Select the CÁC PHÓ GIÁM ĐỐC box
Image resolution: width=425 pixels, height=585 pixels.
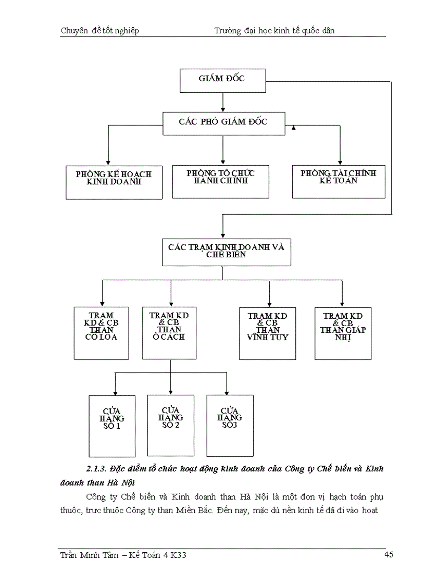click(223, 123)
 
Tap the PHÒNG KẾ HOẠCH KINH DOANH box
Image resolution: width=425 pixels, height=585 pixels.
click(114, 182)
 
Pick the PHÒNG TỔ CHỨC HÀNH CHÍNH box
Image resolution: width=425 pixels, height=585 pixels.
click(221, 181)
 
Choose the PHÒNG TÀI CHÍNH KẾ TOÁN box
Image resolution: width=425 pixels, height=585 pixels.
click(339, 181)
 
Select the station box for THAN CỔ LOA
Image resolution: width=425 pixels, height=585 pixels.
click(101, 333)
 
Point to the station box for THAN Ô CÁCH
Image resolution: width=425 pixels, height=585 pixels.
click(169, 332)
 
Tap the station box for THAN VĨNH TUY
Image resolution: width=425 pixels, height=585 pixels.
click(268, 333)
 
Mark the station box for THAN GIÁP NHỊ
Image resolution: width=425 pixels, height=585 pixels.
click(342, 333)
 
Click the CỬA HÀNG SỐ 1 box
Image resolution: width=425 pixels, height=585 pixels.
click(112, 426)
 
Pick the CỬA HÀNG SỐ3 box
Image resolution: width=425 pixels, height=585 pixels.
click(230, 425)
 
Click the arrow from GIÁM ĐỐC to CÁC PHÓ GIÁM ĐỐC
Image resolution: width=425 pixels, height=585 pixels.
click(223, 103)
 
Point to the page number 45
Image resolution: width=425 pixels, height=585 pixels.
click(388, 555)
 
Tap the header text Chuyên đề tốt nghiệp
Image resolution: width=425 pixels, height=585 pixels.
click(100, 31)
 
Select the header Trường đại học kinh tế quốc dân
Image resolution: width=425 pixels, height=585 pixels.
click(274, 31)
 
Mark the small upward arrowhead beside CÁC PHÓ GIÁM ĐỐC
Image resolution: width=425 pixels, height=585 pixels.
click(293, 128)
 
